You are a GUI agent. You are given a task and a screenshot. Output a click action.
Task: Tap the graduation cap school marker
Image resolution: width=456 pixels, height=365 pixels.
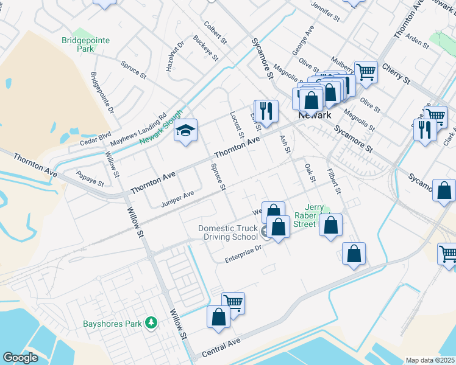(186, 131)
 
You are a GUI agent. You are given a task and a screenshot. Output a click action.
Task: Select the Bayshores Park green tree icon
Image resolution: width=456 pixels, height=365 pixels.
(151, 323)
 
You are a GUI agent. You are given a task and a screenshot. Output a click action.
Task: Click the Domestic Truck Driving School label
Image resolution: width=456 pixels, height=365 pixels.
(228, 232)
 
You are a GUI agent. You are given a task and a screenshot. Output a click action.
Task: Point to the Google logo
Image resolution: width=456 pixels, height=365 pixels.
(20, 358)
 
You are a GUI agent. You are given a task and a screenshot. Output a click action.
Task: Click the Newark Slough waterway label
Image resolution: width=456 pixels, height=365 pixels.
(161, 128)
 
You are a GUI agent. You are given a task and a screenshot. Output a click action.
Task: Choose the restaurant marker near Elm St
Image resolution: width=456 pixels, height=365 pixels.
(266, 111)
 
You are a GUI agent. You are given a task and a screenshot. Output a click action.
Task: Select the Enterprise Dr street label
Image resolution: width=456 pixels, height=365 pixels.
(242, 254)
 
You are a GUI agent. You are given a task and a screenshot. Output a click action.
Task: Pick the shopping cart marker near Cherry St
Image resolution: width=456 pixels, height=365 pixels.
(366, 72)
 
